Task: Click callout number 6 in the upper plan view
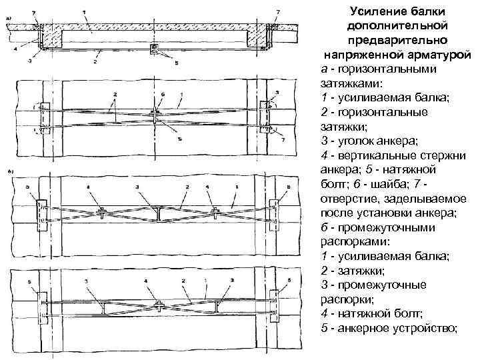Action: point(154,95)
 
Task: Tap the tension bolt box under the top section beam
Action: point(154,49)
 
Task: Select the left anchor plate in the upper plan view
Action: point(45,117)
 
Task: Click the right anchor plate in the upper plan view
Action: point(264,117)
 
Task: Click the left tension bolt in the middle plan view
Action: point(102,213)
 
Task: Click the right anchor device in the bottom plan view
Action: point(273,307)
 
